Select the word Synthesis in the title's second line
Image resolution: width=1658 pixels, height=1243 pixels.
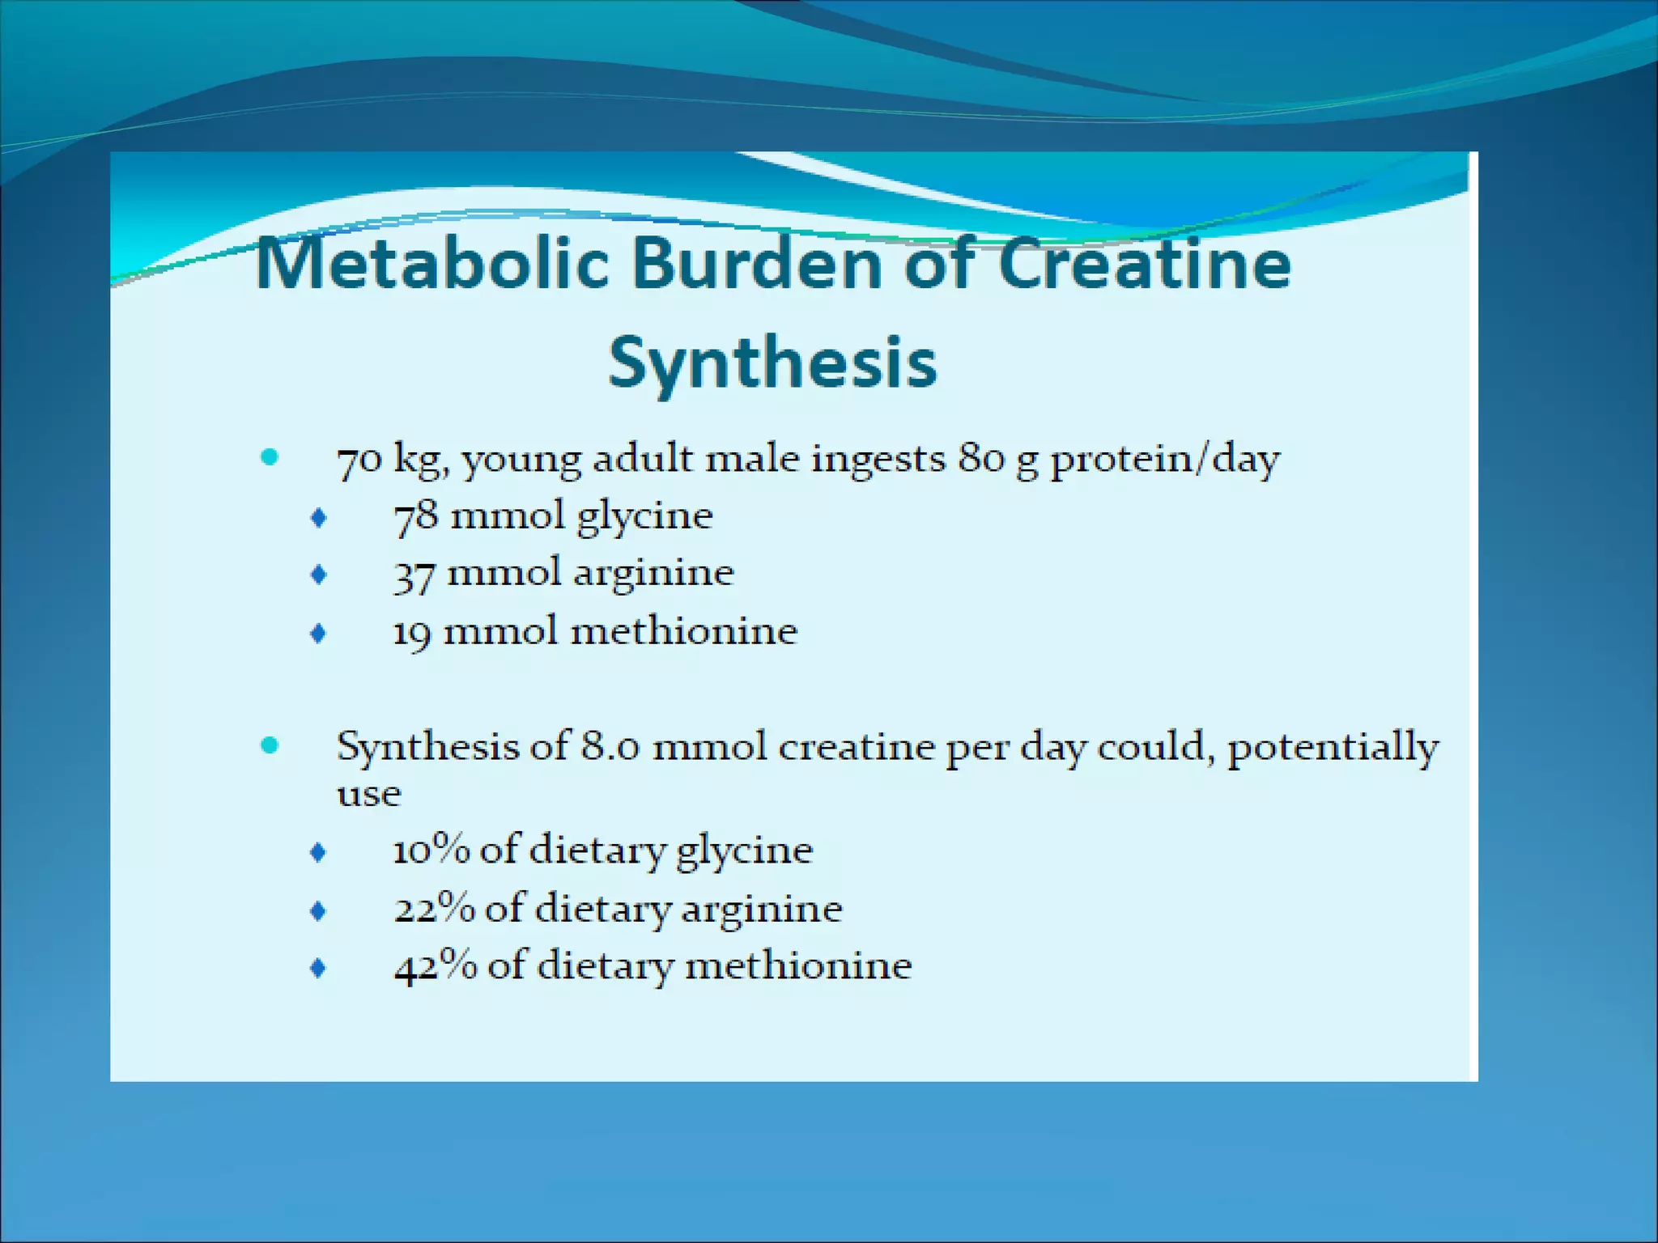[x=772, y=363]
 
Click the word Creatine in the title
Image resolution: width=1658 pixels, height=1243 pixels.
[x=1143, y=264]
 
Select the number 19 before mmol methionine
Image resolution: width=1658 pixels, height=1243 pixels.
[x=412, y=633]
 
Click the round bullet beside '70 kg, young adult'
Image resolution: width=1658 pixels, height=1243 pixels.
[x=270, y=457]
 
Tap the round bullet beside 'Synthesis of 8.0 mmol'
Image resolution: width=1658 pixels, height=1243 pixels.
[x=270, y=745]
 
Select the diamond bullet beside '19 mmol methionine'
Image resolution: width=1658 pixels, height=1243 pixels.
[x=319, y=633]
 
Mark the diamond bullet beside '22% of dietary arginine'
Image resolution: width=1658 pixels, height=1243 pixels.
[x=319, y=910]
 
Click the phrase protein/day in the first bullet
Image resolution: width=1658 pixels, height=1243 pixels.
[x=1164, y=460]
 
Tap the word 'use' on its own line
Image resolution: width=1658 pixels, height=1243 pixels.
[x=368, y=794]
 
